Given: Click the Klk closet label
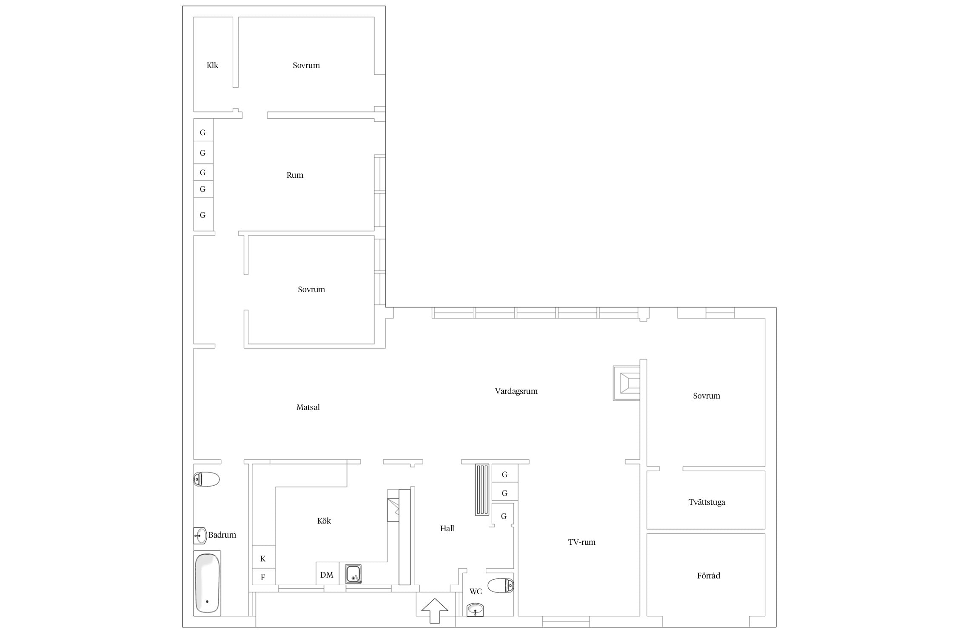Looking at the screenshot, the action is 212,65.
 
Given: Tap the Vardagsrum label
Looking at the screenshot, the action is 516,391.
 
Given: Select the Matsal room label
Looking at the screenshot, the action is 308,407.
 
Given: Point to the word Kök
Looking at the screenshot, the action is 324,521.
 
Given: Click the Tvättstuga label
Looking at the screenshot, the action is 706,502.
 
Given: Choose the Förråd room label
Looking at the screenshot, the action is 708,575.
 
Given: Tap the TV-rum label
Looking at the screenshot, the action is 581,542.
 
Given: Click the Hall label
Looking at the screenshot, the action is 447,528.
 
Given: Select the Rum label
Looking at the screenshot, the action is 295,175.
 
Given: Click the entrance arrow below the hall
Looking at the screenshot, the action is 435,611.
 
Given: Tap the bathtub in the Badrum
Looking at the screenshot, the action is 207,583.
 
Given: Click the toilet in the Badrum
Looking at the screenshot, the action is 206,479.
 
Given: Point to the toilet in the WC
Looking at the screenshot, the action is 501,586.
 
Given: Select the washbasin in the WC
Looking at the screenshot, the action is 475,610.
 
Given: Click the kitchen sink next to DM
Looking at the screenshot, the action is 353,574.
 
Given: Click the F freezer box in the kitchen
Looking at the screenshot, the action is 263,577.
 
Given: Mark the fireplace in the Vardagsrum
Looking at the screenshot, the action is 627,383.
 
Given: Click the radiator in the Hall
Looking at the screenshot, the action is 483,490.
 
